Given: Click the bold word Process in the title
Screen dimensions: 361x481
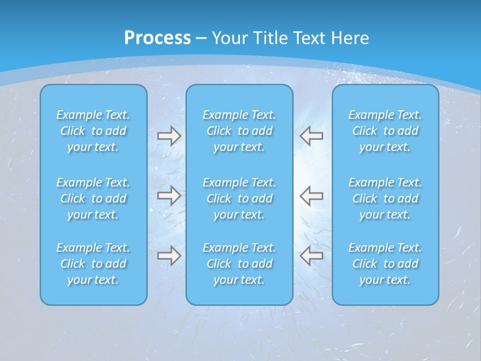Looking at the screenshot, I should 157,38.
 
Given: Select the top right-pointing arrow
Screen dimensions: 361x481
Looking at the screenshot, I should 169,136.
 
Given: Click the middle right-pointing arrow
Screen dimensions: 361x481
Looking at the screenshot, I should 169,196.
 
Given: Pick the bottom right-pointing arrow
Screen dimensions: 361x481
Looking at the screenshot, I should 169,256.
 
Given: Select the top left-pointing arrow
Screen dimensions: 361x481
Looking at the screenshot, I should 312,136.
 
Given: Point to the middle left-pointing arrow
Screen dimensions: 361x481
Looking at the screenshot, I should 312,196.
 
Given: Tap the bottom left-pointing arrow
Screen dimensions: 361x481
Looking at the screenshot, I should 312,256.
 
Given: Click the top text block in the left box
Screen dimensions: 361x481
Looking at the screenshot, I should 93,131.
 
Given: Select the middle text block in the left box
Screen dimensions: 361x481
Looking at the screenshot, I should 93,199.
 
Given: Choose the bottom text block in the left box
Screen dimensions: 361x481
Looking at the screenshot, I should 93,264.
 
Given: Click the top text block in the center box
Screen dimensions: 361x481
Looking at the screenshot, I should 239,131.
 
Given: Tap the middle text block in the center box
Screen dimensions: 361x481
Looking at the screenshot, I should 239,199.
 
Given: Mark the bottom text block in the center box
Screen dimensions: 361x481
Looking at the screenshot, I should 239,264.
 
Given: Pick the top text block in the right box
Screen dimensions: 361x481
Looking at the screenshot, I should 385,131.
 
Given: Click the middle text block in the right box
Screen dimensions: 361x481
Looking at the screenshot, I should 385,199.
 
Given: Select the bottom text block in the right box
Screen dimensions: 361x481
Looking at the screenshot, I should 385,264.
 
